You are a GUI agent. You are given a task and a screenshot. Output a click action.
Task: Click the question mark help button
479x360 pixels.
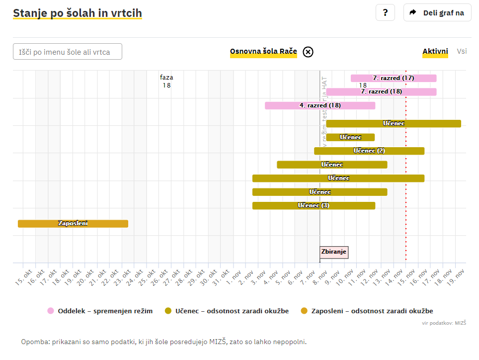pos(385,12)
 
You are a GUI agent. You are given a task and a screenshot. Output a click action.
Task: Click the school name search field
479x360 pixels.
pos(68,52)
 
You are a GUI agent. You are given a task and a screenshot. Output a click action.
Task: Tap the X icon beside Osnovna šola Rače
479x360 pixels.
pos(308,52)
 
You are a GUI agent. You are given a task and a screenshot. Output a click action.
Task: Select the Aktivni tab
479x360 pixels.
pos(435,51)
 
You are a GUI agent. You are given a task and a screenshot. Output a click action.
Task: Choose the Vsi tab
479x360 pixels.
pos(462,51)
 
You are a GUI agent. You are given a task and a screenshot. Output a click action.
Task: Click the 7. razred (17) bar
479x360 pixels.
pos(394,78)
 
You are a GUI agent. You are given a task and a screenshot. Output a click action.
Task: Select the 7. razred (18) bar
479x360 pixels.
pos(381,91)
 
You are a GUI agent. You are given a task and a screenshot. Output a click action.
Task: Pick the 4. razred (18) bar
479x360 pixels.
pos(320,105)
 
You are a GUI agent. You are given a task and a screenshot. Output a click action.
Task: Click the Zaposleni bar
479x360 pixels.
pos(73,224)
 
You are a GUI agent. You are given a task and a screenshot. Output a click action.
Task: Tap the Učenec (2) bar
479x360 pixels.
pos(369,151)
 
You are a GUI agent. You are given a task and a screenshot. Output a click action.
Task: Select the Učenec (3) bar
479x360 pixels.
pos(314,205)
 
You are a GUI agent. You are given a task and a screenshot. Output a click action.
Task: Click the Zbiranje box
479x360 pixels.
pos(334,252)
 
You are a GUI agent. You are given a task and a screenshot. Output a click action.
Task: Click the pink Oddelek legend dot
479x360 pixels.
pos(51,311)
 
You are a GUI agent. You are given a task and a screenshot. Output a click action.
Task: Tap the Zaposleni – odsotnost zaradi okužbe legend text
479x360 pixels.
pos(372,311)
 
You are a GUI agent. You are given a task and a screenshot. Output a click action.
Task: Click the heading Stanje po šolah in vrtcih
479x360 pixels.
pos(78,13)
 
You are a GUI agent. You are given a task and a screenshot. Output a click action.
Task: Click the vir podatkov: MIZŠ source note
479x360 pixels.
pos(444,323)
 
